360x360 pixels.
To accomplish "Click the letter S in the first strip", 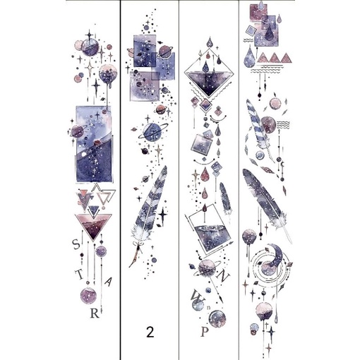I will point(76,245).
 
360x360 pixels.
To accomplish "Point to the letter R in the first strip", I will point(94,314).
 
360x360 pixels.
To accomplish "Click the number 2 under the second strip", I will point(150,331).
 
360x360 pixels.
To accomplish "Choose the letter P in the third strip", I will point(204,329).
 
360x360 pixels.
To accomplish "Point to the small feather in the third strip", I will point(224,197).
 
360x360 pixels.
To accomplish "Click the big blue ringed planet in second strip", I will point(152,132).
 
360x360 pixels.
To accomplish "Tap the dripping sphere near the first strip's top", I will point(109,73).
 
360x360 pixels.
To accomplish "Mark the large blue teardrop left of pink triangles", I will point(250,59).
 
